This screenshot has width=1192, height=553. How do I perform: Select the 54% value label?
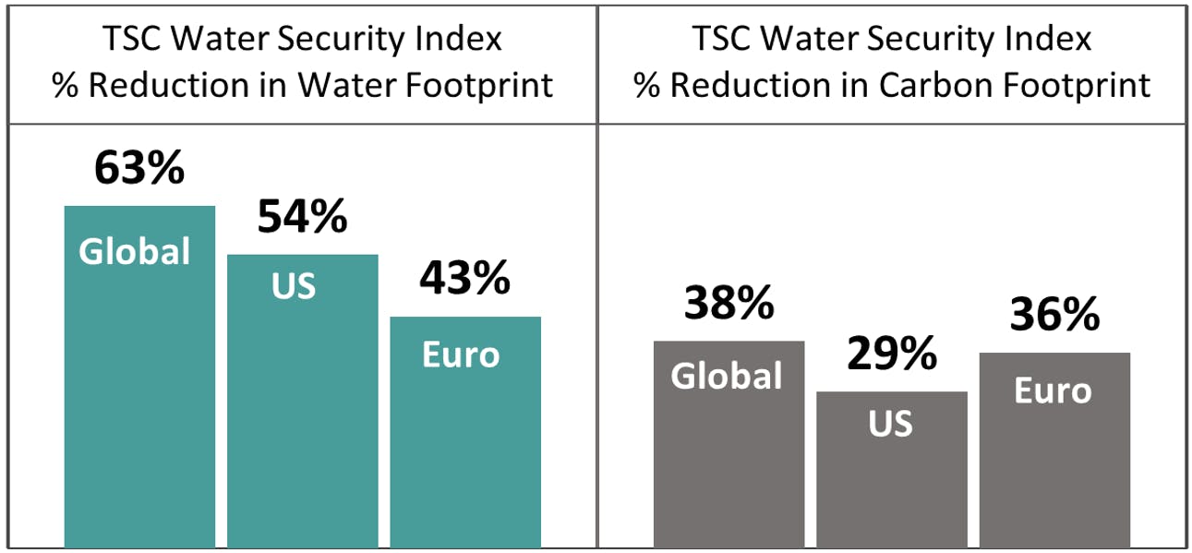click(x=302, y=217)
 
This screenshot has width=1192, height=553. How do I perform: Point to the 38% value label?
click(x=728, y=303)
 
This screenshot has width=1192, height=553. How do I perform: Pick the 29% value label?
click(x=892, y=354)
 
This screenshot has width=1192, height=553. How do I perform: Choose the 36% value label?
click(x=1054, y=315)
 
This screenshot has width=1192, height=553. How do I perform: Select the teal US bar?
click(x=302, y=415)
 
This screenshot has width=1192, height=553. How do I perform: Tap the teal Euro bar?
click(x=465, y=443)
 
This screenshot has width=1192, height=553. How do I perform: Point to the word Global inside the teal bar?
click(x=135, y=251)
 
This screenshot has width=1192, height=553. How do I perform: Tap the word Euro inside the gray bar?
click(x=1053, y=391)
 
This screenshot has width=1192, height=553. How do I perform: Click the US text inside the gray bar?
click(x=891, y=424)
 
